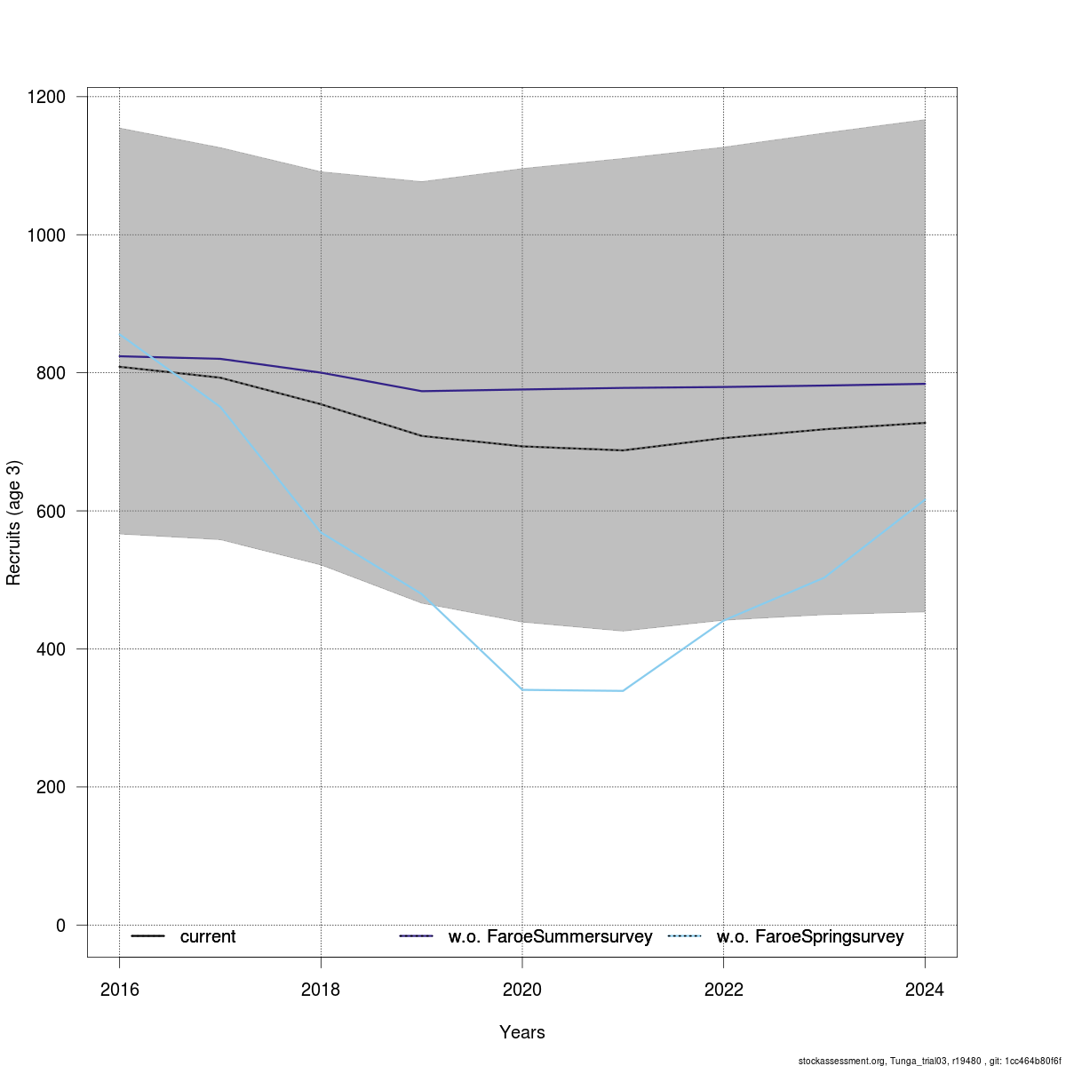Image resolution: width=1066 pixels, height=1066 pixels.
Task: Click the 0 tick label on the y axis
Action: [x=60, y=926]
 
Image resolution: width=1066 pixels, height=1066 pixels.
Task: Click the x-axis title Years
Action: [x=522, y=1032]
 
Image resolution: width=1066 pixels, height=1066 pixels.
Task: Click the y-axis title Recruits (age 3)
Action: [x=13, y=522]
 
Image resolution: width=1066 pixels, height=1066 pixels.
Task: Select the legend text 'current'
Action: [x=208, y=936]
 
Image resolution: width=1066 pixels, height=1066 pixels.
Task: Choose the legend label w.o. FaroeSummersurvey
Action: [x=550, y=936]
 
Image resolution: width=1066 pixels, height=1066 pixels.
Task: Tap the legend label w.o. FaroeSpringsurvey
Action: [x=810, y=936]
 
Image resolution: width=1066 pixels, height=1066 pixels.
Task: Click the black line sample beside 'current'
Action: [x=147, y=936]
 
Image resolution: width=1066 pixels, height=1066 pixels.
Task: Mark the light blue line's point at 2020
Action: [x=522, y=689]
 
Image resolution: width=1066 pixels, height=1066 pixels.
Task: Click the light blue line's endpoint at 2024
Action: [x=925, y=500]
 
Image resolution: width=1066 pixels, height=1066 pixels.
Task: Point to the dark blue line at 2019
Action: [x=422, y=391]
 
